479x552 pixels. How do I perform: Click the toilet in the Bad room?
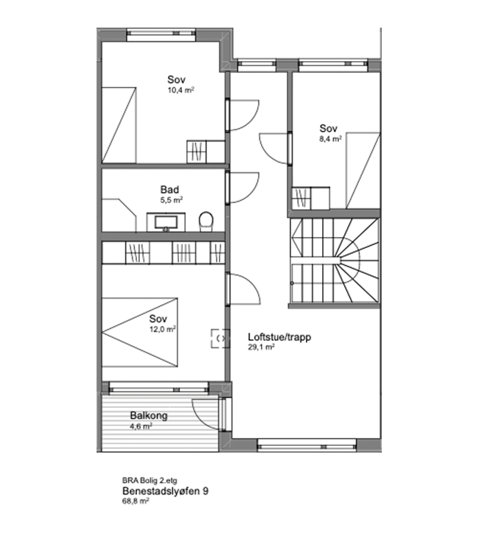pyautogui.click(x=206, y=222)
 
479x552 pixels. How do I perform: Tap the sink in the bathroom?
pyautogui.click(x=166, y=222)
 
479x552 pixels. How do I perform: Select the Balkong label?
pyautogui.click(x=149, y=416)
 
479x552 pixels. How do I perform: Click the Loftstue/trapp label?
pyautogui.click(x=279, y=337)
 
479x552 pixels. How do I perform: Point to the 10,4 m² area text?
pyautogui.click(x=181, y=90)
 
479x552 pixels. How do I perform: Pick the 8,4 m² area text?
pyautogui.click(x=330, y=138)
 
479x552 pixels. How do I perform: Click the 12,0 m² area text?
pyautogui.click(x=162, y=329)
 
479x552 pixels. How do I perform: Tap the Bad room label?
pyautogui.click(x=169, y=190)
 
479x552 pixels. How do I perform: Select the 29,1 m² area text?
pyautogui.click(x=261, y=347)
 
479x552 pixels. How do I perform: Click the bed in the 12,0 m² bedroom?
pyautogui.click(x=139, y=333)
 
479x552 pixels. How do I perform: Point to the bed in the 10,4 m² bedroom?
pyautogui.click(x=119, y=125)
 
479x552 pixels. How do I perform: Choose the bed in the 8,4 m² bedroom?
pyautogui.click(x=363, y=171)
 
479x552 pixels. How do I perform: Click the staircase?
pyautogui.click(x=334, y=261)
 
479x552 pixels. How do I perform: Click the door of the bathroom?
pyautogui.click(x=243, y=188)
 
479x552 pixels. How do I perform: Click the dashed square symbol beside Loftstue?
pyautogui.click(x=220, y=339)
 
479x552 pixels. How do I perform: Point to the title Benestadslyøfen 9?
pyautogui.click(x=165, y=491)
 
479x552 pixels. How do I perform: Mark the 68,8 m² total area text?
pyautogui.click(x=136, y=501)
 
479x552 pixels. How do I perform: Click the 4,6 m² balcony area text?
pyautogui.click(x=141, y=426)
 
